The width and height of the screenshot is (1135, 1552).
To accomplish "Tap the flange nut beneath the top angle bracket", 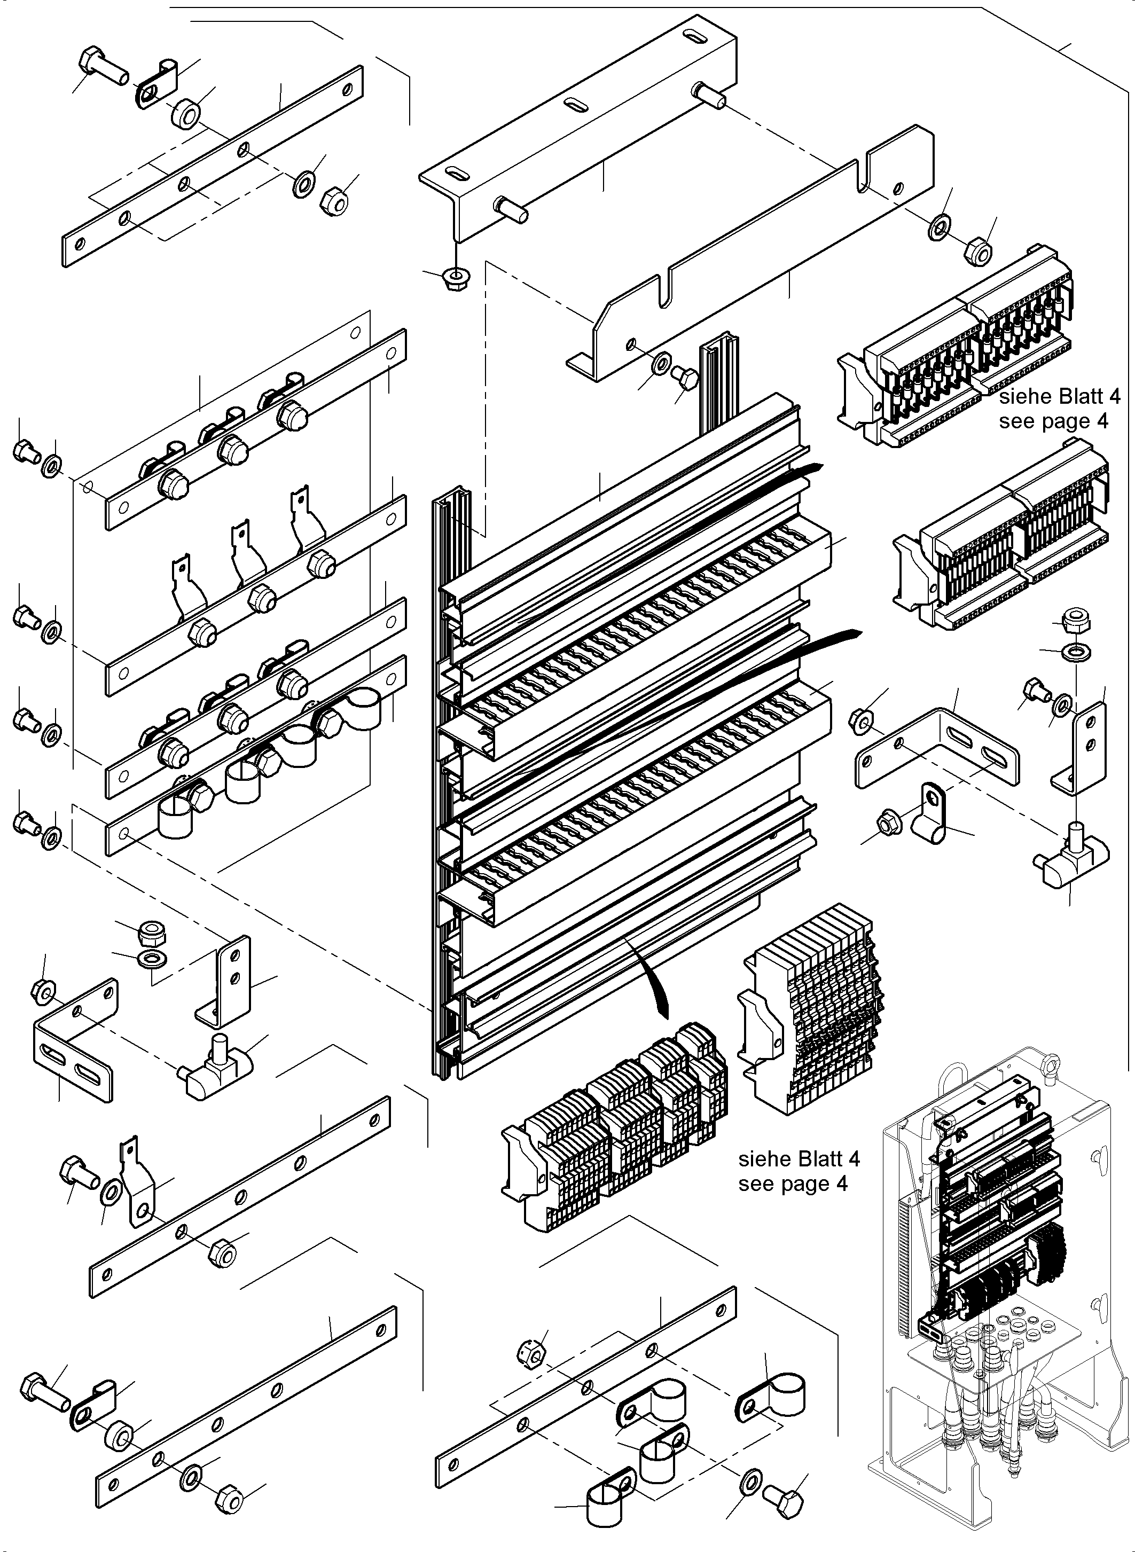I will point(453,279).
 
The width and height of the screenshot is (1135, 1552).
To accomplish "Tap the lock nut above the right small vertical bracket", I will point(1073,622).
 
